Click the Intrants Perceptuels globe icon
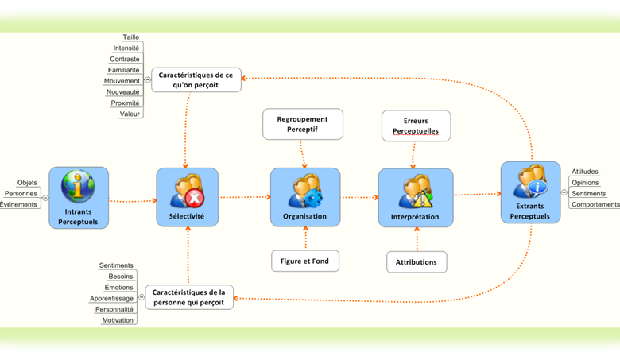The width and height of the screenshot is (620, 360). click(77, 188)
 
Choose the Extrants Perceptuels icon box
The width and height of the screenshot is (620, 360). click(529, 192)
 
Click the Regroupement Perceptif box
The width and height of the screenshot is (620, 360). click(302, 124)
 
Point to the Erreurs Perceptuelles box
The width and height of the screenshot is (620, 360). click(416, 126)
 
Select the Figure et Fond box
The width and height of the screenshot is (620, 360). click(304, 260)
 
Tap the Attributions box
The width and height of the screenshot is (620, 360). click(417, 261)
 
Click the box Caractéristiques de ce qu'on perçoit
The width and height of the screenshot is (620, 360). click(196, 79)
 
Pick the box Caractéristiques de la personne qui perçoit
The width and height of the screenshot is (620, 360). click(190, 296)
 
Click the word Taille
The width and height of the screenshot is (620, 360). click(130, 37)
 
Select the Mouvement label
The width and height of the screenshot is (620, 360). click(122, 80)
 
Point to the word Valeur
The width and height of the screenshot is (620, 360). click(130, 114)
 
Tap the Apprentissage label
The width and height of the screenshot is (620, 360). click(112, 298)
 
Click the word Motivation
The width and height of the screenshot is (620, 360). click(118, 320)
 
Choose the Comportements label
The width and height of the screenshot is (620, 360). click(595, 204)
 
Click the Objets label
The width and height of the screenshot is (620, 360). click(27, 182)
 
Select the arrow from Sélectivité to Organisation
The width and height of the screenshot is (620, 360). click(244, 197)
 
